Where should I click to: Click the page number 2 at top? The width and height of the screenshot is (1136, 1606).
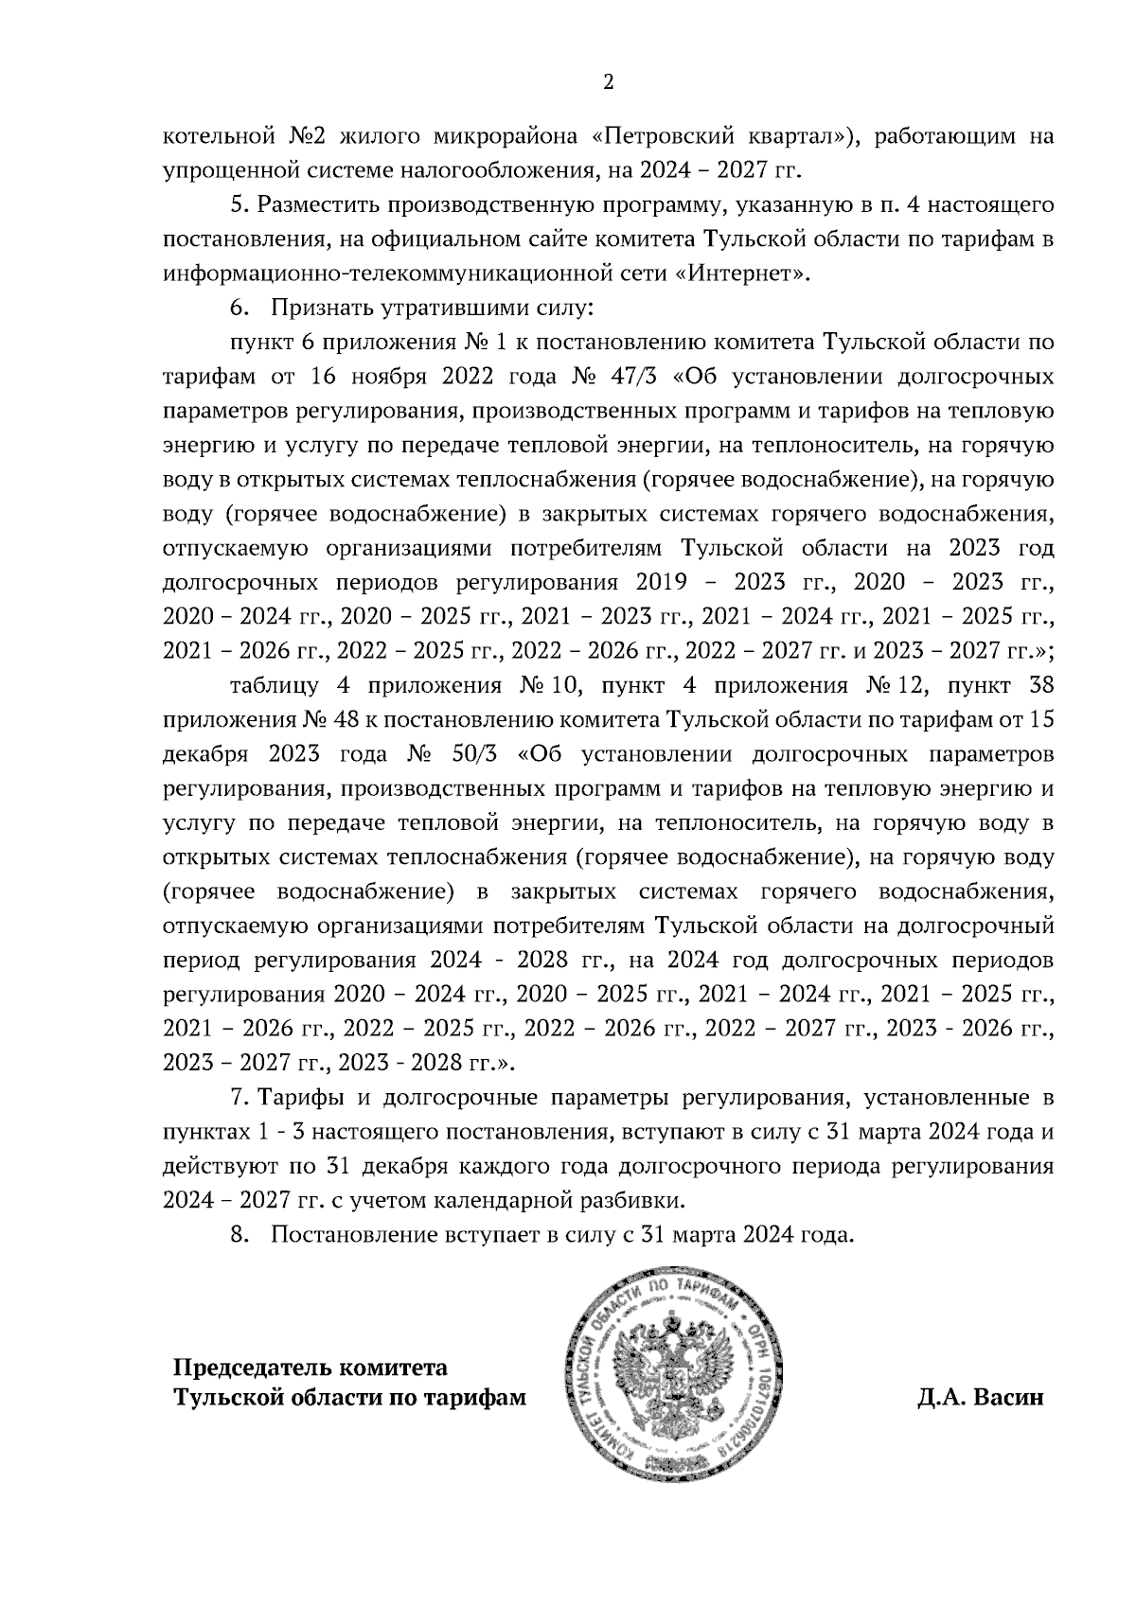point(608,82)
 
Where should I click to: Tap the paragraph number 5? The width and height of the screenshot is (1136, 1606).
point(238,204)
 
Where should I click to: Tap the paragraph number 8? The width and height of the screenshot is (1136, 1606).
point(238,1235)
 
